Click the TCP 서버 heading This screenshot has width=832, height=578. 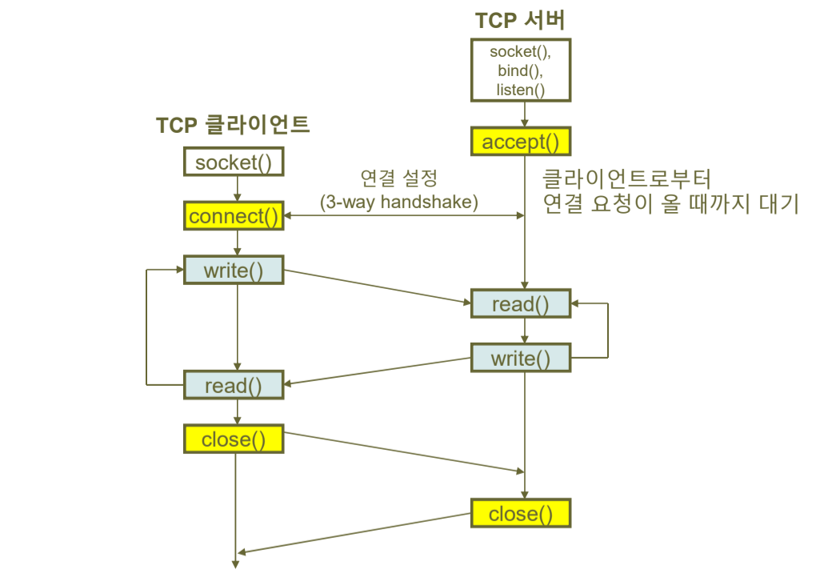[520, 20]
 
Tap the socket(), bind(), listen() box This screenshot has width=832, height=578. [520, 70]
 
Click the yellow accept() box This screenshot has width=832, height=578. [520, 142]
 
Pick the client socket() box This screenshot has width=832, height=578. [234, 163]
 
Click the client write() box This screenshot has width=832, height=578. [234, 270]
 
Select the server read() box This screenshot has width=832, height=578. [520, 304]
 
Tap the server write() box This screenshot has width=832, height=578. [520, 358]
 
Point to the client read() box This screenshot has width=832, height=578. [234, 386]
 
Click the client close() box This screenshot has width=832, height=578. [234, 439]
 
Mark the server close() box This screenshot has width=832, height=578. [520, 513]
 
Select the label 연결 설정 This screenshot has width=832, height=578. [399, 177]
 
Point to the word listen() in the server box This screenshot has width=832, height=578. [520, 90]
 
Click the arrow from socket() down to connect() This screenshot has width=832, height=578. [237, 189]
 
